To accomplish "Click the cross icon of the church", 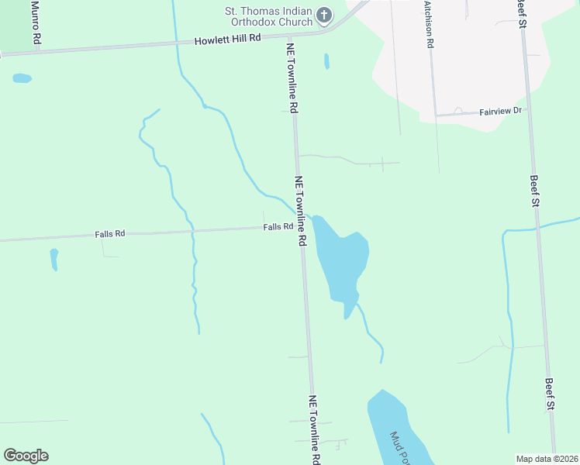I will point(324,15).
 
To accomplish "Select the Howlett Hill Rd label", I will point(227,39).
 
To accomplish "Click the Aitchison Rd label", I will point(428,24).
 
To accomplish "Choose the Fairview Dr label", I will point(502,112).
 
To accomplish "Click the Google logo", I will point(26,455).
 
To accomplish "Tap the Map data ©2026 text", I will point(547,459).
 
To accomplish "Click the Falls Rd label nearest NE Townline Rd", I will point(278,227).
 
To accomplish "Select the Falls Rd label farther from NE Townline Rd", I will point(109,233).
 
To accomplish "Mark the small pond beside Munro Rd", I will point(22,78).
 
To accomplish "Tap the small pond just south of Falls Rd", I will point(54,258).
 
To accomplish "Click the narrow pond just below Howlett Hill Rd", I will point(326,60).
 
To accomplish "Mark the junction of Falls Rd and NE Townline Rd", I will point(301,227).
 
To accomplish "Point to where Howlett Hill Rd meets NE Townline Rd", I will point(289,36).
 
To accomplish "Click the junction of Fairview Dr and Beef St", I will point(527,110).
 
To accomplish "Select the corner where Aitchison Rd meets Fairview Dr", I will point(434,115).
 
